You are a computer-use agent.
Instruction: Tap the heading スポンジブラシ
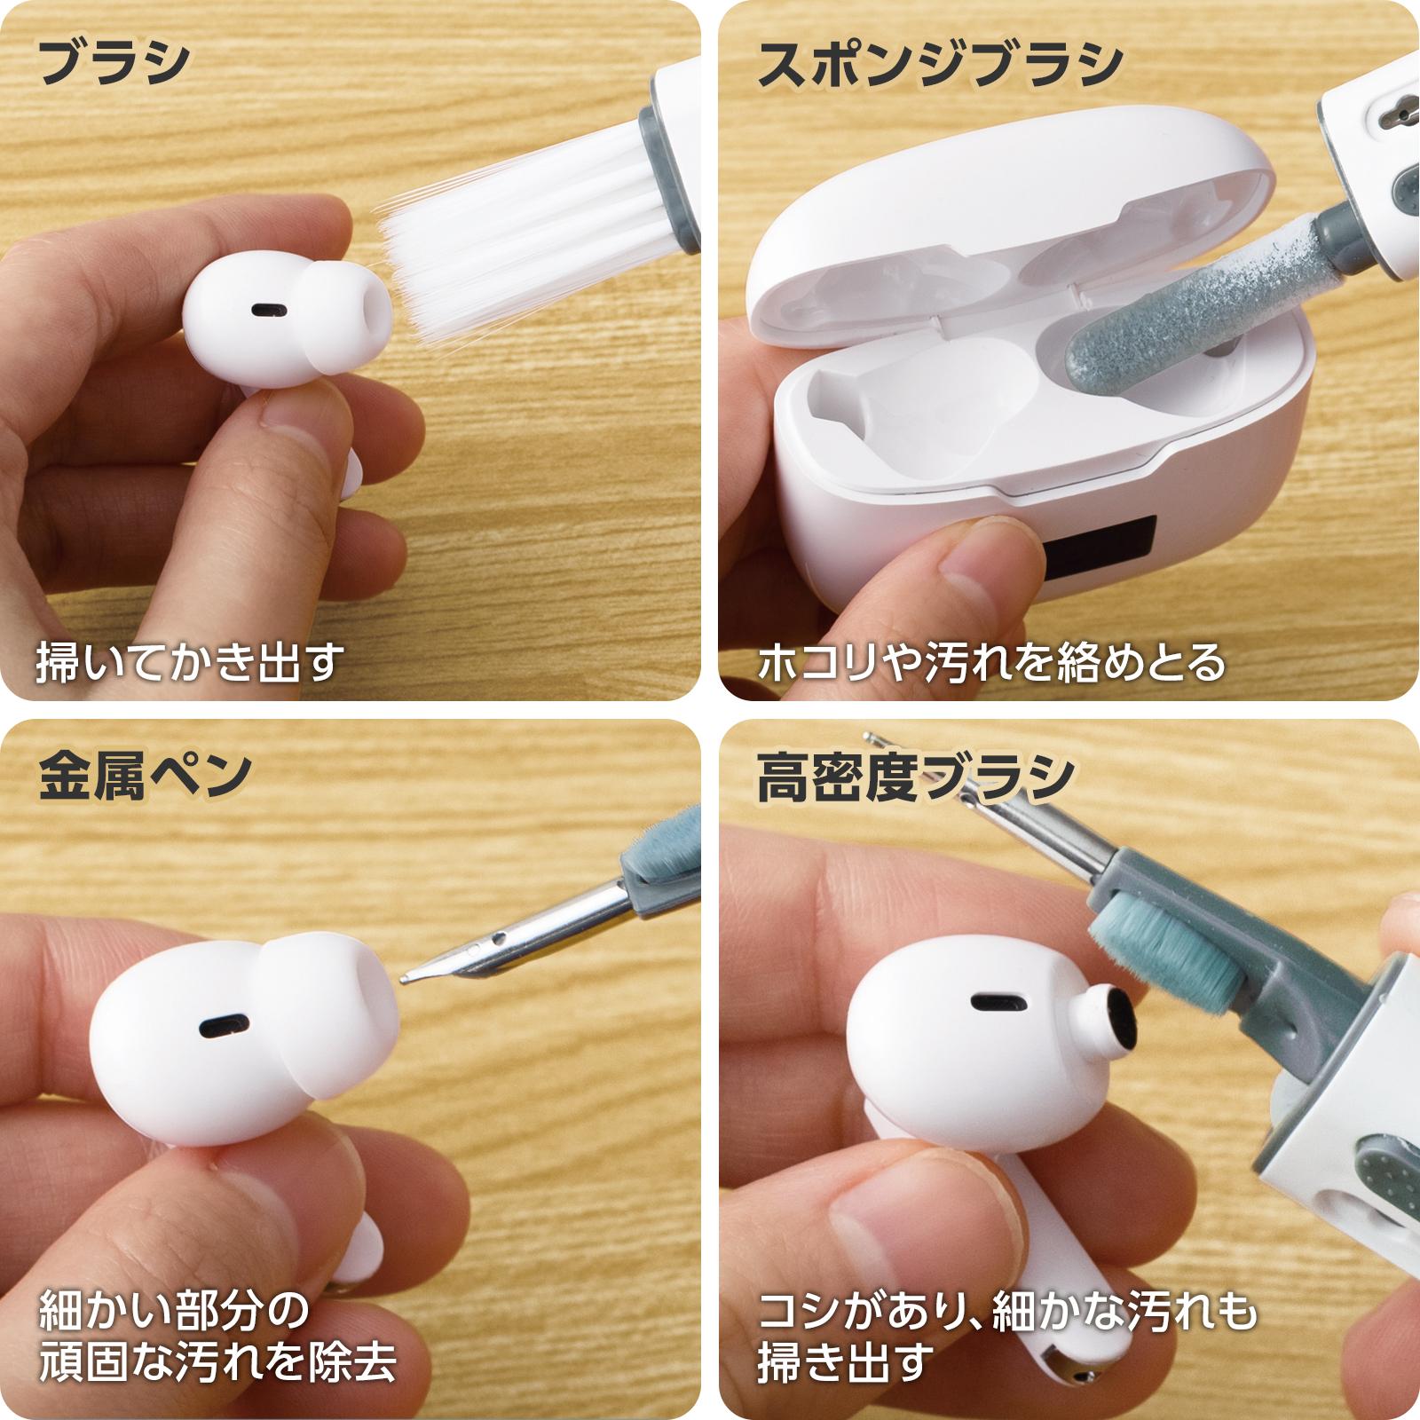(x=940, y=65)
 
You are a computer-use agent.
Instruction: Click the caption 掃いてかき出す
(x=189, y=662)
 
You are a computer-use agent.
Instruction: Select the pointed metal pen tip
(x=410, y=976)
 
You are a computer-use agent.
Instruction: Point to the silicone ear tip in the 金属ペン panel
(x=337, y=985)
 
